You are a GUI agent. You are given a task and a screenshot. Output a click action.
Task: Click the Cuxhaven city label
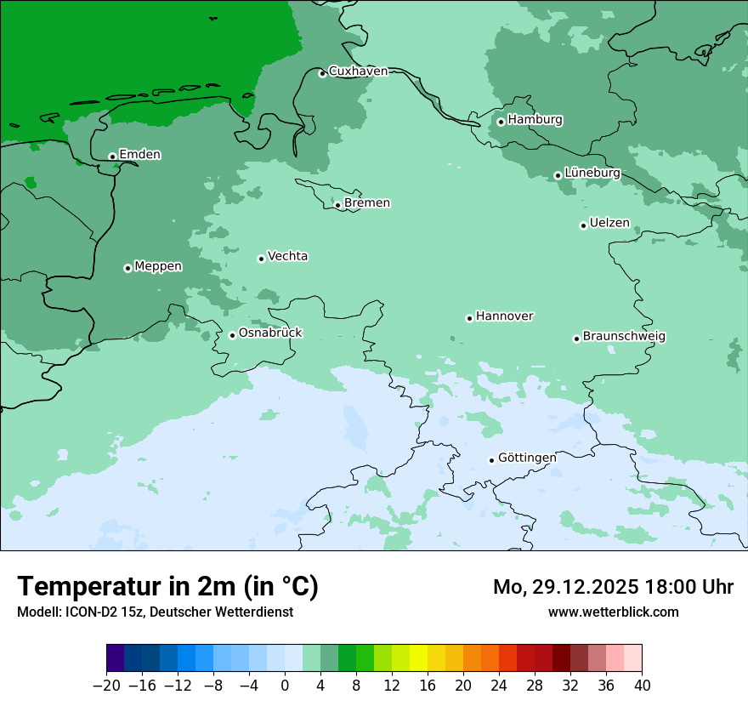point(358,71)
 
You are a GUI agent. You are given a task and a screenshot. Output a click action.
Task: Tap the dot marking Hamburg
point(501,122)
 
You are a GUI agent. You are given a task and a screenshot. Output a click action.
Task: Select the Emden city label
point(139,155)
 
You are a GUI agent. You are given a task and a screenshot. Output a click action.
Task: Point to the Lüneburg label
point(592,174)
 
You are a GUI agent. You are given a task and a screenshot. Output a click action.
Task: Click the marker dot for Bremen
point(337,205)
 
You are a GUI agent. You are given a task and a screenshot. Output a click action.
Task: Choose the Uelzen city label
point(609,224)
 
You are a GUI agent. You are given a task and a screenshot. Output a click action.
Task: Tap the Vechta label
point(287,256)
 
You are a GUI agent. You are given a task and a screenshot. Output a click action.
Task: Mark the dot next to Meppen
point(127,268)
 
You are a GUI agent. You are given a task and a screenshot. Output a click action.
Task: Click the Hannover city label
point(504,316)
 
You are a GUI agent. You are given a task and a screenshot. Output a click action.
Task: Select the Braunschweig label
point(624,337)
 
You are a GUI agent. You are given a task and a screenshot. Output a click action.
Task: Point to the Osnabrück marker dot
point(232,335)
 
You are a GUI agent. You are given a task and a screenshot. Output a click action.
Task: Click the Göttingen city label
point(527,458)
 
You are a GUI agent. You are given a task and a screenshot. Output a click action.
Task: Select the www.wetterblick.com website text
point(613,612)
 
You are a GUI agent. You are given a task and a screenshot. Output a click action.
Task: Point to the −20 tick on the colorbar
point(106,686)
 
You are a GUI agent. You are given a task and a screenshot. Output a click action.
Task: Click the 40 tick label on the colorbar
point(642,686)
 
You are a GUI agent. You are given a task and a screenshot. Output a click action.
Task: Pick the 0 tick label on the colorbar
point(285,686)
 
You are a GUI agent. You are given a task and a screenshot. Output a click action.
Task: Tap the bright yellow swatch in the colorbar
point(418,658)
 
